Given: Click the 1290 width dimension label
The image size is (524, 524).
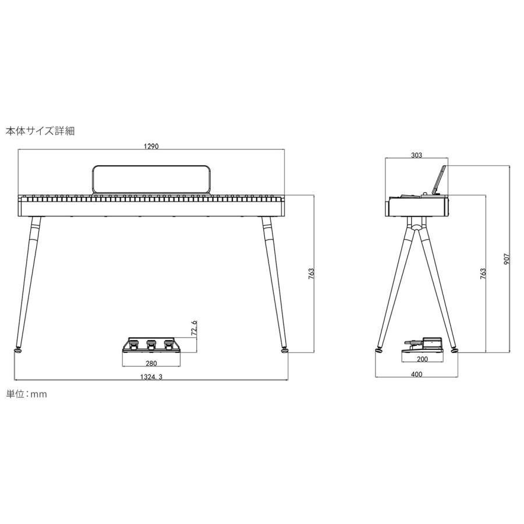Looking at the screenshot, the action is (151, 146).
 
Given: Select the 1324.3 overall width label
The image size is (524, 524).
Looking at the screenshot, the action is (151, 377).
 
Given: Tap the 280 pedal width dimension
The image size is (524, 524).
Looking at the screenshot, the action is (151, 363).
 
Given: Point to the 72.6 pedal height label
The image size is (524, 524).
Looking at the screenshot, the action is (194, 328).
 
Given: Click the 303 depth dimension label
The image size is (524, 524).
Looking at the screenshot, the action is (416, 155).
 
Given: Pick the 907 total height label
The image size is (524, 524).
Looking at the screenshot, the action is (507, 259).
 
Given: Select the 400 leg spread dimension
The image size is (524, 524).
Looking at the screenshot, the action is (416, 374).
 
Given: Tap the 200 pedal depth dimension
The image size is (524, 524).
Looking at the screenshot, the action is (423, 359).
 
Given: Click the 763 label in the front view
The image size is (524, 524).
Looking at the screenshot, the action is (311, 274).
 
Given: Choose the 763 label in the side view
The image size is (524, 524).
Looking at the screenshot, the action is (483, 274).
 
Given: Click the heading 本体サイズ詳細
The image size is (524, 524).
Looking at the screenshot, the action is (40, 131).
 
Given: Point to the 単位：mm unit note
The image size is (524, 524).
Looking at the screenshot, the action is (27, 394).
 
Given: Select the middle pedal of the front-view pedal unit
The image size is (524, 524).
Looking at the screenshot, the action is (151, 344).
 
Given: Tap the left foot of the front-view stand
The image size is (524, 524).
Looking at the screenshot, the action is (17, 350).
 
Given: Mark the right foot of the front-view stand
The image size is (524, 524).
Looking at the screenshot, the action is (284, 350).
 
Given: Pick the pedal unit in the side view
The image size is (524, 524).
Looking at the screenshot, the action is (423, 345).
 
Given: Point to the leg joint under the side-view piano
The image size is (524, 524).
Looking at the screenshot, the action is (417, 225).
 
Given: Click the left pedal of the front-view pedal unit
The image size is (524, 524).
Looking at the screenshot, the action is (134, 344).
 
